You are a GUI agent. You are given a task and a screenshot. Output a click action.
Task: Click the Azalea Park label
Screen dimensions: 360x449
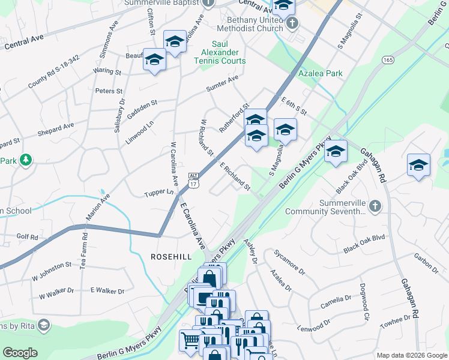[321, 74]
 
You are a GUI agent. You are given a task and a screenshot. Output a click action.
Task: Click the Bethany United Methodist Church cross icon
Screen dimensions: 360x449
[292, 24]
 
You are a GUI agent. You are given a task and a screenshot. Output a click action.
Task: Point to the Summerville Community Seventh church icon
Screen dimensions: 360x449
[375, 206]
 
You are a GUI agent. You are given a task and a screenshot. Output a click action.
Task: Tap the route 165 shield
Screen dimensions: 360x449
[387, 60]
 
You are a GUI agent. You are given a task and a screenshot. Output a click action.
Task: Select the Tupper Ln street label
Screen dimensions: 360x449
[158, 193]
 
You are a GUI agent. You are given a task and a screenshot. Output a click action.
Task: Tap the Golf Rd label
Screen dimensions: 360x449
[27, 237]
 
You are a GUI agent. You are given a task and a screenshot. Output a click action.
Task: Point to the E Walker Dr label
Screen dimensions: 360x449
[107, 291]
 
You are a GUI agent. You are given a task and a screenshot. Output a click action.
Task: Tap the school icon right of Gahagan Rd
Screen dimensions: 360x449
[418, 166]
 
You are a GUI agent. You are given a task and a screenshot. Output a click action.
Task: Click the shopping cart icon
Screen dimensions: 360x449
[190, 340]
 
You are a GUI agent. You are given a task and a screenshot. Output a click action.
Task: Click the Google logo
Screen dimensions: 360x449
[20, 352]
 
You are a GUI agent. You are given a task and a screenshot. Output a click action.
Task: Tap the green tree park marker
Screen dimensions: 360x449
[25, 160]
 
